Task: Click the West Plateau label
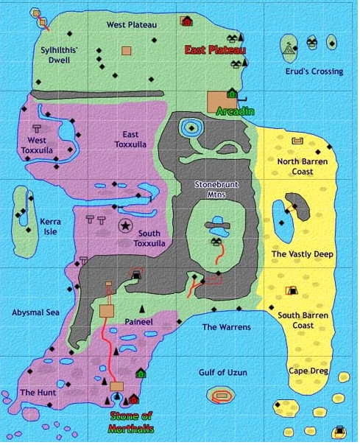coord(132,24)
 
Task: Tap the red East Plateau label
coord(215,50)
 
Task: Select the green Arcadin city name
coord(236,111)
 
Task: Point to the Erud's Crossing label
coord(314,71)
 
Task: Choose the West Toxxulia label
coord(37,144)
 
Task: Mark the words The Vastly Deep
coord(303,254)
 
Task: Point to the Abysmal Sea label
coord(35,312)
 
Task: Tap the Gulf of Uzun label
coord(220,373)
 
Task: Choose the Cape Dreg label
coord(308,371)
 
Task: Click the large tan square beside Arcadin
coord(218,102)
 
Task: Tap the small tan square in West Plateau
coord(127,51)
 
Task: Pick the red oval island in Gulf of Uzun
coord(221,396)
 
